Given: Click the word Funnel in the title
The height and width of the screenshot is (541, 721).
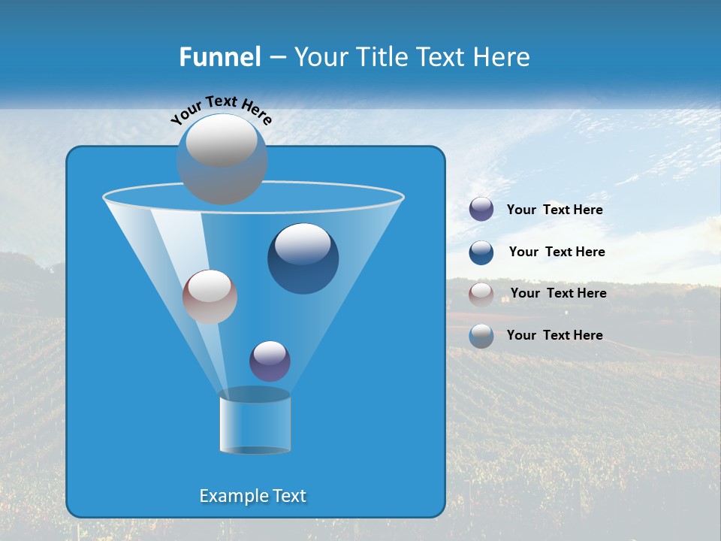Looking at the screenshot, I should click(219, 57).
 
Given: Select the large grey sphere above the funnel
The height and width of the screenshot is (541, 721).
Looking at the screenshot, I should click(222, 159).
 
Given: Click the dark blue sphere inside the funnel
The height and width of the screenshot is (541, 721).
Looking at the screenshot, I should click(303, 258).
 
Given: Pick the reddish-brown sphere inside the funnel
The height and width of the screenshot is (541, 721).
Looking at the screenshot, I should click(210, 297).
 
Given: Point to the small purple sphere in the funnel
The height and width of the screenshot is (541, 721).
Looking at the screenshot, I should click(270, 361).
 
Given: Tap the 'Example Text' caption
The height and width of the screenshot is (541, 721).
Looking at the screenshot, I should click(253, 496).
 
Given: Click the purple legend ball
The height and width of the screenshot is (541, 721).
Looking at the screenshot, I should click(481, 210).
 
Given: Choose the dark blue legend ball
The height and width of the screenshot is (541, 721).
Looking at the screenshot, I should click(481, 252).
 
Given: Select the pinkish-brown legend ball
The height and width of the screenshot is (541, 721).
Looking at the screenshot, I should click(481, 295).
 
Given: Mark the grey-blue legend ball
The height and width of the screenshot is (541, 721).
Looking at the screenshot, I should click(481, 336).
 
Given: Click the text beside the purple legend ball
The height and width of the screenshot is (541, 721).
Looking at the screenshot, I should click(554, 210).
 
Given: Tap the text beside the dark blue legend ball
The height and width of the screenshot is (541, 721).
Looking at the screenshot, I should click(557, 252).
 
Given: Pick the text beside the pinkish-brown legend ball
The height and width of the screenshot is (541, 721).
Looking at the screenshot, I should click(558, 294).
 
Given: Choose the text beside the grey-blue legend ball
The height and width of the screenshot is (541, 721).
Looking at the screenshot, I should click(554, 336).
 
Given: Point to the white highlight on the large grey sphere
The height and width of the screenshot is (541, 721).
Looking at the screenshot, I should click(221, 140).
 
